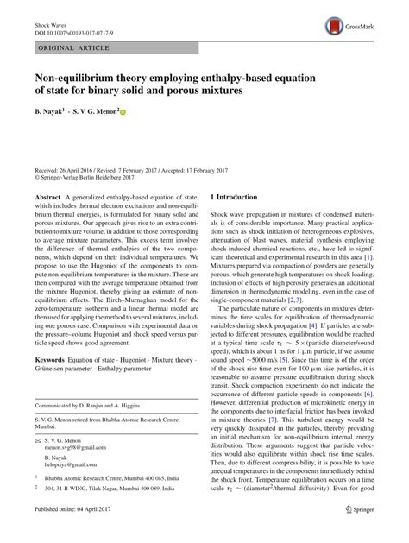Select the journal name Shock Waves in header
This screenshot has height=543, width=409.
47,16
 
